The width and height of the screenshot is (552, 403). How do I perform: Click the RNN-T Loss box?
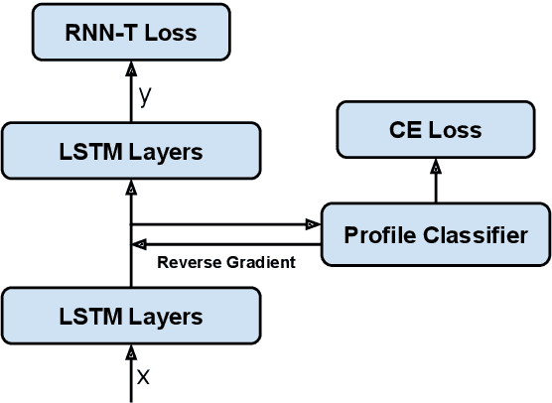(x=131, y=32)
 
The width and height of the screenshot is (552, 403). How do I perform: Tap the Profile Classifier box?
(x=435, y=234)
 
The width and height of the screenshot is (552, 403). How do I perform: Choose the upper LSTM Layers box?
(x=131, y=152)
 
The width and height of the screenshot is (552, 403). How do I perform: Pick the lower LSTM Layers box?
(x=131, y=317)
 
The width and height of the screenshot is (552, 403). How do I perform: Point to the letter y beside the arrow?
(x=146, y=95)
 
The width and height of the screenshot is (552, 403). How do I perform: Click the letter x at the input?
(x=143, y=376)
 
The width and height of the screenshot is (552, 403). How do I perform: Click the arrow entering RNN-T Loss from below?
(x=131, y=89)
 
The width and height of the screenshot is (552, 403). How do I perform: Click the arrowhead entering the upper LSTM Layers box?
(x=131, y=188)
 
